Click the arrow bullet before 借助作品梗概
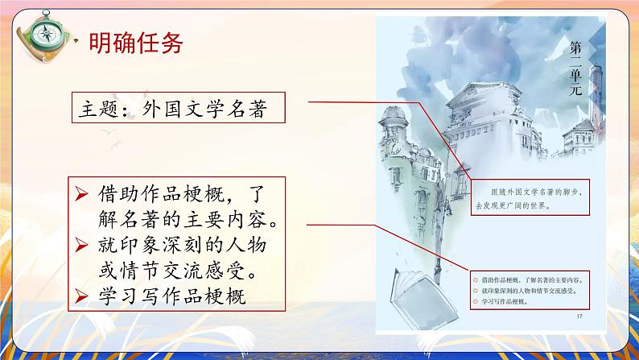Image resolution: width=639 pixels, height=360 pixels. coord(80,193)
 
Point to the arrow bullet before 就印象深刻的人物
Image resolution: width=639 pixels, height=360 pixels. coord(80,245)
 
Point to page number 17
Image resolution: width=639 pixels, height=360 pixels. coord(579,316)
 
